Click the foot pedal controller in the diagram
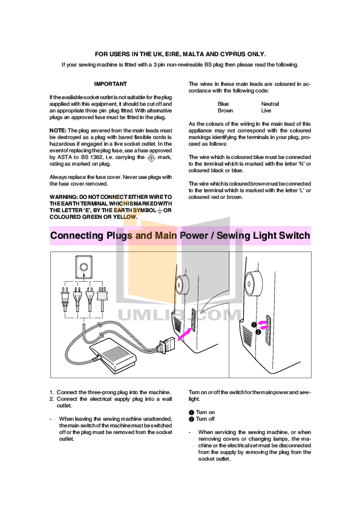point(111,355)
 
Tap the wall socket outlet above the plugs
point(84,267)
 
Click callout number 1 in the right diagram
point(254,325)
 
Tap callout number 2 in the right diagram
point(258,332)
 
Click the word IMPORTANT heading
point(111,84)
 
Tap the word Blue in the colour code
point(223,104)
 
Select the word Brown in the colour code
point(226,111)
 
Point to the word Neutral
point(270,104)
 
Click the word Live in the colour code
point(266,111)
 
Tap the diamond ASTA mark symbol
point(151,158)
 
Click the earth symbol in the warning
point(160,211)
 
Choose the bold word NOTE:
point(58,131)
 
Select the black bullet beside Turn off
point(191,419)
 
